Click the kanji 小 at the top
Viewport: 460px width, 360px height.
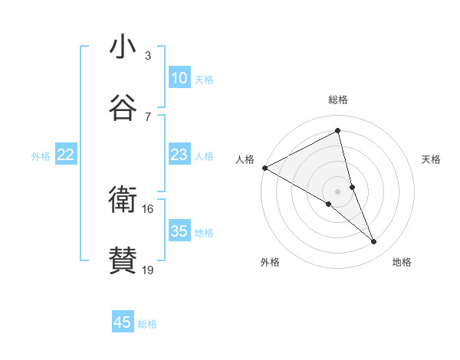(123, 47)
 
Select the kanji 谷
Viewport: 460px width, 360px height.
(123, 108)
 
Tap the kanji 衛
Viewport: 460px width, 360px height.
(123, 200)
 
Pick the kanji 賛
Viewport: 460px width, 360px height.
(123, 261)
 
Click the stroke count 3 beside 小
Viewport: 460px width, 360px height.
(148, 55)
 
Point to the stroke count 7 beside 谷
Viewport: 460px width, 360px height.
(148, 116)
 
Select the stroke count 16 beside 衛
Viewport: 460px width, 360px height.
(148, 208)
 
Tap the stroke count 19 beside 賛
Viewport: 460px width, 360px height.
(148, 270)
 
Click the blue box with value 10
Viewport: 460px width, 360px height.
(179, 78)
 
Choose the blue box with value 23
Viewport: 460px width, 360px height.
(179, 155)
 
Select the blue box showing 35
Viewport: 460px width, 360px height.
(179, 231)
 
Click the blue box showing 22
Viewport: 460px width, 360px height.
(66, 155)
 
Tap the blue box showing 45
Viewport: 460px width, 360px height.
(123, 322)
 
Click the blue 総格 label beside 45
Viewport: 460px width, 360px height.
(147, 324)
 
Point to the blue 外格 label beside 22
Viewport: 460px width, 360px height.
(41, 156)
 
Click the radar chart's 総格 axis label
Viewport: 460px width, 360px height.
(338, 100)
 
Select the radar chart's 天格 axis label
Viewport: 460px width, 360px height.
(432, 159)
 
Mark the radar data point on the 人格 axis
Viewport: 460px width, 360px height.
(264, 167)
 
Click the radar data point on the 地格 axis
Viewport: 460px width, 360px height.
(374, 242)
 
